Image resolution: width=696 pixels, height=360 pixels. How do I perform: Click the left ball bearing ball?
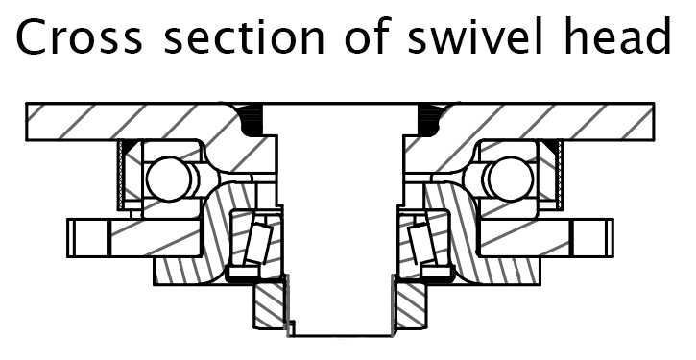(x=166, y=179)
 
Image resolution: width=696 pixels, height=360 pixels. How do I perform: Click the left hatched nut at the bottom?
(x=271, y=302)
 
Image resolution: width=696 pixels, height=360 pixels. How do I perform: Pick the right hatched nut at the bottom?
(x=407, y=302)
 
